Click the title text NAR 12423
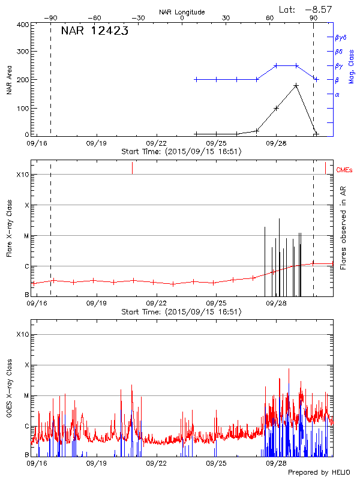(x=94, y=31)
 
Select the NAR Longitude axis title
(x=182, y=12)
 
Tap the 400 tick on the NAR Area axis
(x=22, y=25)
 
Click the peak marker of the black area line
(x=296, y=86)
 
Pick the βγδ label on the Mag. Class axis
(x=340, y=37)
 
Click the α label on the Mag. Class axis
(x=337, y=94)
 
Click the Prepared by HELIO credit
(x=319, y=473)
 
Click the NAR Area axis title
(x=10, y=79)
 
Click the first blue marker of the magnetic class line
(x=197, y=79)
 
